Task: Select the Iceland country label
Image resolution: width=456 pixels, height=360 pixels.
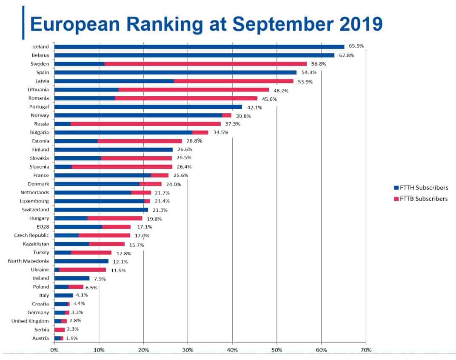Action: pos(41,47)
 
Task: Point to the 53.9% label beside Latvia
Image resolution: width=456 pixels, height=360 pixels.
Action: pos(305,81)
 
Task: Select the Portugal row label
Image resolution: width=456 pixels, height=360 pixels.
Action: pos(39,107)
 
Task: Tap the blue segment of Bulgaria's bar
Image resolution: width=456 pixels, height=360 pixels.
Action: pos(123,132)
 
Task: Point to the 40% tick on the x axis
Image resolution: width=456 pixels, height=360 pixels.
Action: pos(232,350)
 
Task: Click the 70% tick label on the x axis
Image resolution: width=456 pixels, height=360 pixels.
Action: pos(366,350)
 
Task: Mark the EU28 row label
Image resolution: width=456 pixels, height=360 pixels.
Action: pos(43,227)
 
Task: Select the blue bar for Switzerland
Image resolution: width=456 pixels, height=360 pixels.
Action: pos(101,209)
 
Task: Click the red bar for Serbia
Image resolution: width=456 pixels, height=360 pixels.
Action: pos(60,329)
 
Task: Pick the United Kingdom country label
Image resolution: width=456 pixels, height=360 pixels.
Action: pos(30,321)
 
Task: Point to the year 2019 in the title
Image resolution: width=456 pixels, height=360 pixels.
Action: pos(361,24)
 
